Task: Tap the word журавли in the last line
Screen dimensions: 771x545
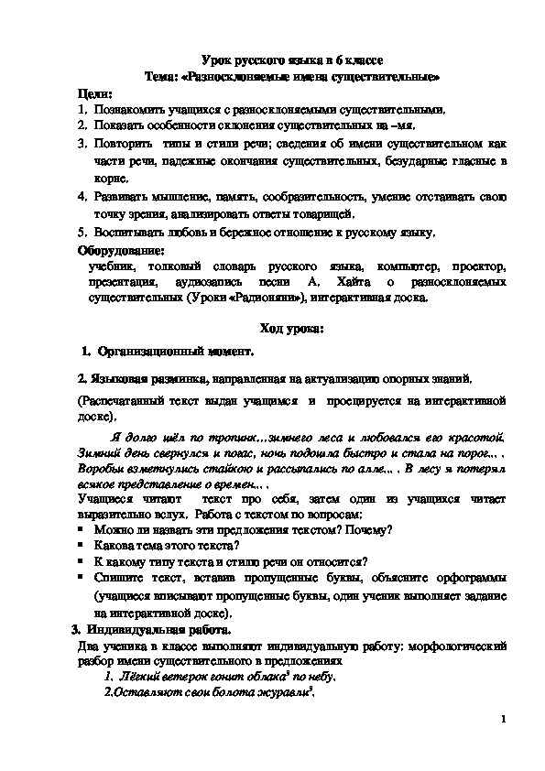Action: pyautogui.click(x=286, y=691)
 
